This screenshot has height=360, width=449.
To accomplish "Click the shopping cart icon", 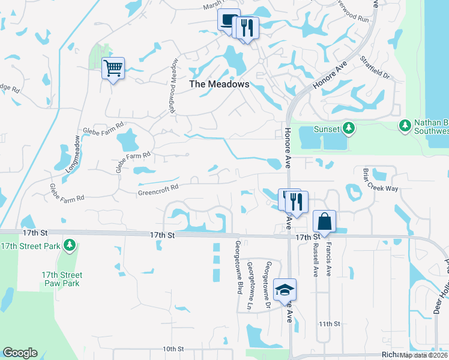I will click(113, 68).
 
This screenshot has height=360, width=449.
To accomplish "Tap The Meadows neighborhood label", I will click(219, 85).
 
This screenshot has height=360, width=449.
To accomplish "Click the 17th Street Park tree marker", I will click(70, 245).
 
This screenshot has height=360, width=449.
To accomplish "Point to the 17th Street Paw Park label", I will click(62, 279).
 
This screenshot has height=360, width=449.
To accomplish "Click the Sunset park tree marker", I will click(348, 128).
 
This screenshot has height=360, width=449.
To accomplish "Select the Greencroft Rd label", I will click(158, 187).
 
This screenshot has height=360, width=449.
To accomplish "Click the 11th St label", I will click(330, 324).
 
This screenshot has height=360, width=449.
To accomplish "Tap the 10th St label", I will click(172, 349).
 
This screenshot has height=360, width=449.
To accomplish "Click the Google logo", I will click(20, 353).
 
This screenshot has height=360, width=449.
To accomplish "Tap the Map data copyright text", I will click(424, 355).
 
